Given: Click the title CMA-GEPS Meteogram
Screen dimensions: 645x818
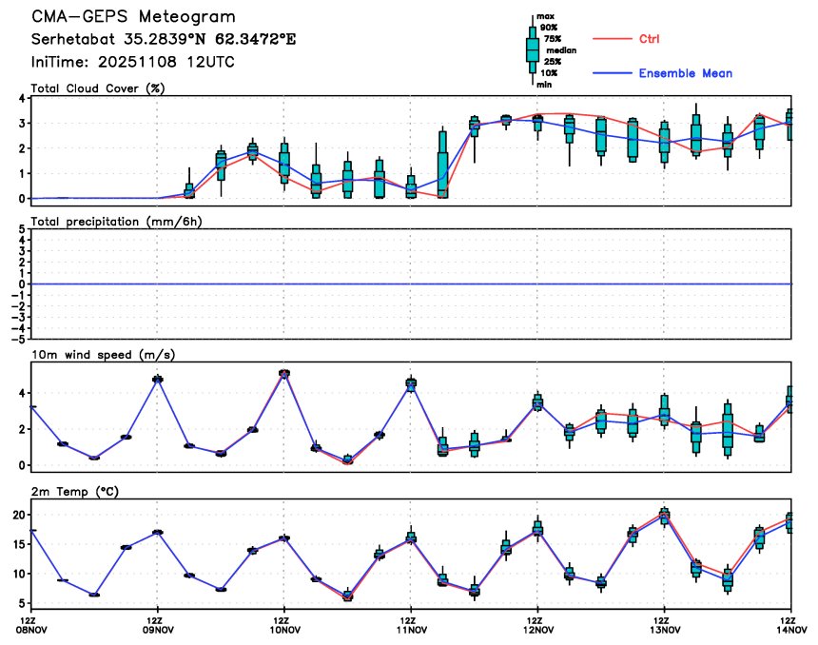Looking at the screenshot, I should [x=133, y=18].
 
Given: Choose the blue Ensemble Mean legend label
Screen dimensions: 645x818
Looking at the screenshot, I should [x=685, y=73].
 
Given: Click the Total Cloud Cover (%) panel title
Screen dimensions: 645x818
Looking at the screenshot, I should [x=97, y=88].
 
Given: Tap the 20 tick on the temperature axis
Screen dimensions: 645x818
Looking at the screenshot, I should [x=19, y=515].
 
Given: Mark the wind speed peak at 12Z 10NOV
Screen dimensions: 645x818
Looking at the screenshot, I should [x=283, y=373].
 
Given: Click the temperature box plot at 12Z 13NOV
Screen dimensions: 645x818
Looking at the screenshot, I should [x=664, y=516].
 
